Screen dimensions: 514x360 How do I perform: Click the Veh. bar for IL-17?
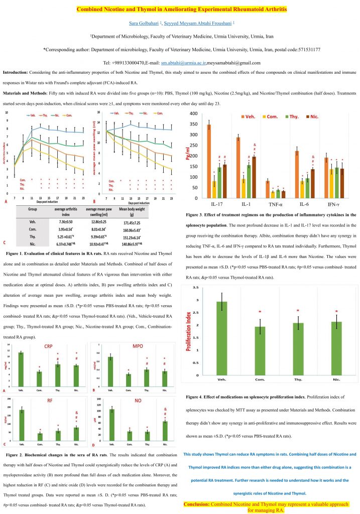click(x=208, y=161)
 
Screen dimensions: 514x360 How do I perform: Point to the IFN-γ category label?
click(x=335, y=204)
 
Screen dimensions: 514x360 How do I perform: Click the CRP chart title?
click(x=48, y=346)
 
